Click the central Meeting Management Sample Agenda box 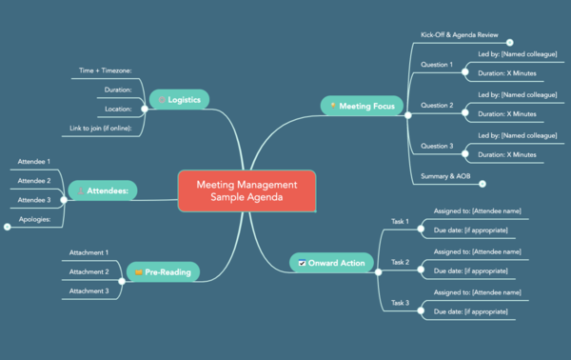click(246, 190)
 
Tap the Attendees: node click(104, 190)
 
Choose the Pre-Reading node click(162, 272)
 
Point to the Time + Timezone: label click(106, 70)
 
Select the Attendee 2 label click(34, 181)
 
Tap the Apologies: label click(34, 219)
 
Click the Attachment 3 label click(89, 290)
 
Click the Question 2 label click(437, 105)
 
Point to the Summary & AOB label click(445, 176)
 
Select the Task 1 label click(400, 221)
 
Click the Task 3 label click(400, 302)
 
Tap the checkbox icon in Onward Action click(302, 262)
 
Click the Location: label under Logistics click(117, 109)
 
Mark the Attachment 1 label click(89, 252)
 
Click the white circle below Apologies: click(8, 227)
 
